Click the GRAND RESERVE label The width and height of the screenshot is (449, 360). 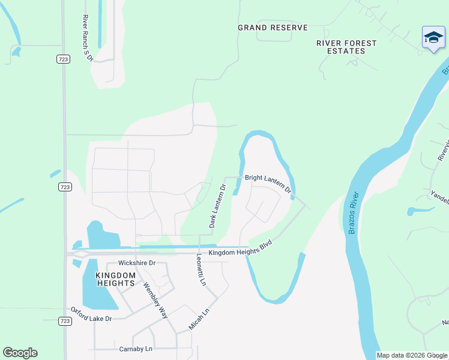click(273, 28)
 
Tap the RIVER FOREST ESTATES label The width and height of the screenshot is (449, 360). click(346, 47)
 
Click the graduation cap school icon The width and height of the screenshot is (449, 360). click(433, 38)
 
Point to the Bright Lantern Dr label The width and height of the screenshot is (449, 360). click(268, 182)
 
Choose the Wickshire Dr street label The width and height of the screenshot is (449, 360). click(137, 263)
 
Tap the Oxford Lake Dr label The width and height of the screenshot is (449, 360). click(91, 314)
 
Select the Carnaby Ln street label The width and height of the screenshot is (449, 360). click(136, 348)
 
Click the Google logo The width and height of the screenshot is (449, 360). click(20, 353)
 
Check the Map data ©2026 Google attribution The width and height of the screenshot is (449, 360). click(412, 355)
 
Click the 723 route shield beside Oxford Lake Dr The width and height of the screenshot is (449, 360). click(64, 320)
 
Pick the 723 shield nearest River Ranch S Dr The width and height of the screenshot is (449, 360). click(64, 59)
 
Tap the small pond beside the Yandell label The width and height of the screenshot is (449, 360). click(420, 211)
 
